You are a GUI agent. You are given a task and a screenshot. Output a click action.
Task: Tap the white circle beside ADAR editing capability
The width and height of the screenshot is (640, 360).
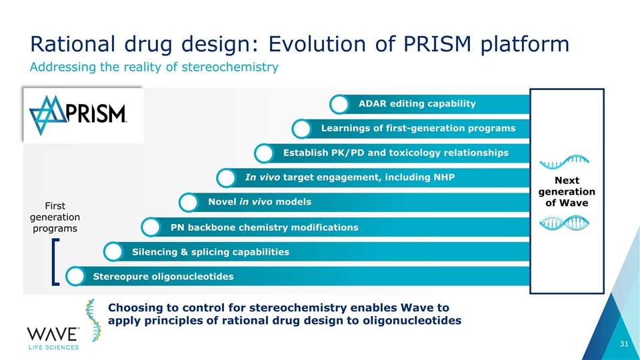[340, 105]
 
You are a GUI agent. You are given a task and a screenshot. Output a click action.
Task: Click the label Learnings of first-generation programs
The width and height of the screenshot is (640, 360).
[418, 128]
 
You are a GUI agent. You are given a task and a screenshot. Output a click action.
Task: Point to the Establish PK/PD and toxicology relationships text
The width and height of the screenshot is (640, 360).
[395, 153]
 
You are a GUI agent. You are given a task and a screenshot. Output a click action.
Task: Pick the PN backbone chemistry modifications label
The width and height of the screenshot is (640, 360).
[265, 228]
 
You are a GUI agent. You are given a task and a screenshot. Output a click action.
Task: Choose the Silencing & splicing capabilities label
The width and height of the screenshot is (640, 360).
[211, 252]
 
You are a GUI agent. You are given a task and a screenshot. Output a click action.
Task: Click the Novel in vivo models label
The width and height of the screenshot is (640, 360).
[259, 202]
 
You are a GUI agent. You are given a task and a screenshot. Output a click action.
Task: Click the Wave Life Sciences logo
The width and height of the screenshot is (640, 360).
[53, 337]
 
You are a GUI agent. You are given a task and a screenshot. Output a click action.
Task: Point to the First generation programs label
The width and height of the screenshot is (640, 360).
[55, 217]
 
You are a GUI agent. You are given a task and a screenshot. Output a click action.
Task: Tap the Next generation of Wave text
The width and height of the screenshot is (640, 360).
[566, 192]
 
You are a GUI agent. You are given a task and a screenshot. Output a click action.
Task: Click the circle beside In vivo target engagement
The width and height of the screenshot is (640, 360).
[227, 179]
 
